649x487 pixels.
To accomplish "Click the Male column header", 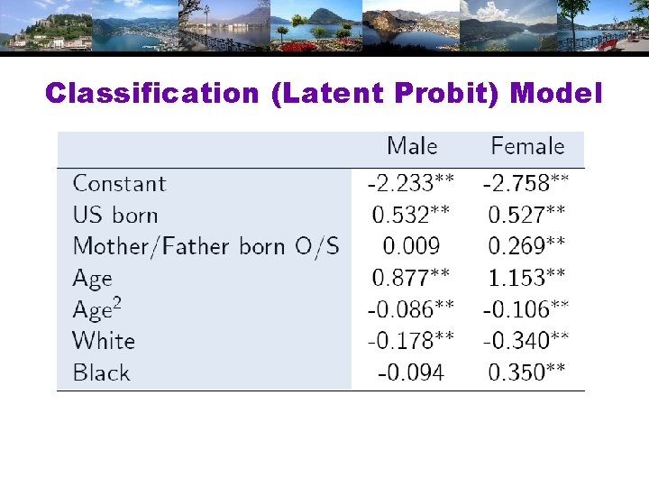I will pos(412,147).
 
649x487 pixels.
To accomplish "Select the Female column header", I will pos(527,147).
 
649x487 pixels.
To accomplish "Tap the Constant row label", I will pos(120,184).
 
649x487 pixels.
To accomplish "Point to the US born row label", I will pos(115,216).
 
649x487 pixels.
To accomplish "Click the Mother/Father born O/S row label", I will pos(206,247).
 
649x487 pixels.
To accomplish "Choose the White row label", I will pos(104,341).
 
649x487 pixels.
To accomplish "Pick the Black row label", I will pos(102,372).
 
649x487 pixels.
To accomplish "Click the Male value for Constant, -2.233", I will pos(411,184).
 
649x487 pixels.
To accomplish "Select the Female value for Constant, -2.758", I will pos(526,184).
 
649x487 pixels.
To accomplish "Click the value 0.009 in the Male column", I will pos(411,247).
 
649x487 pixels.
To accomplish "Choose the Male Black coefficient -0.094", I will pos(411,372).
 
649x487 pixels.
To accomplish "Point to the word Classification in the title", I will pos(152,94).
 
